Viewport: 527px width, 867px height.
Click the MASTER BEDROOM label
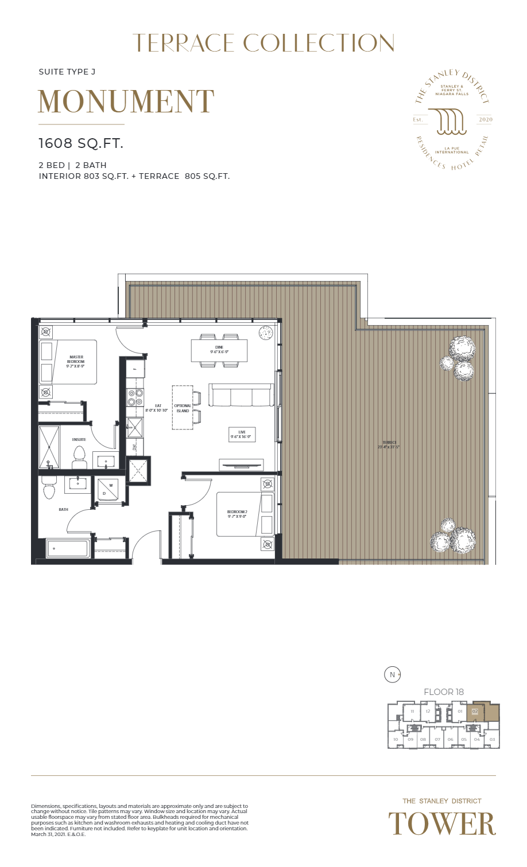(x=76, y=361)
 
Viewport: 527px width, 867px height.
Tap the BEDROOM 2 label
(x=237, y=514)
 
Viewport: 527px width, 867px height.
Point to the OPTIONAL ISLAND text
(x=183, y=408)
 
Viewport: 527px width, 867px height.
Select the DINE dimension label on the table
(x=219, y=349)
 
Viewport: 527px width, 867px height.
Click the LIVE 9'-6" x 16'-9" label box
(x=242, y=435)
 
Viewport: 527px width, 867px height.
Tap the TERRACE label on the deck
(x=389, y=444)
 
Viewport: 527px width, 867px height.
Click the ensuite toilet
(x=79, y=458)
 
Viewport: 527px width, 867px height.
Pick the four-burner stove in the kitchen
(x=135, y=397)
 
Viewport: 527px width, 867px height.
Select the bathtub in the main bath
(x=68, y=548)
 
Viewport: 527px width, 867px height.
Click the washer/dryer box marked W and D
(x=108, y=489)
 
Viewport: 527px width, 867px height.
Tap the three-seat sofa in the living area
(x=241, y=396)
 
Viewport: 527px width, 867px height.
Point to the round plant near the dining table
(x=265, y=333)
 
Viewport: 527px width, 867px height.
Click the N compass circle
(x=392, y=675)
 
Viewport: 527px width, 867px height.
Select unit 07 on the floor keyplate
(x=437, y=739)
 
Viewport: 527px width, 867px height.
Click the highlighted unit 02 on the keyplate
(x=475, y=712)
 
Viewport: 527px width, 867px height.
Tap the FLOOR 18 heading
(x=443, y=692)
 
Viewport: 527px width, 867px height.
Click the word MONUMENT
(x=126, y=102)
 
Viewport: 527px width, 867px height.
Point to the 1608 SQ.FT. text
(x=81, y=143)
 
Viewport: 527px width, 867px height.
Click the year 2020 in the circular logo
(x=485, y=120)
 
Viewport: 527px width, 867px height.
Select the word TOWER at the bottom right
(x=441, y=825)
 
